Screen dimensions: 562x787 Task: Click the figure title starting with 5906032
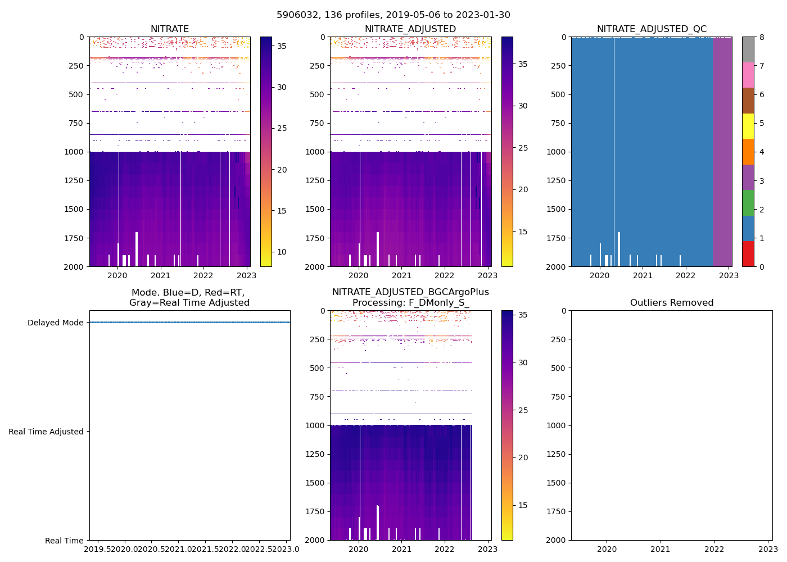coord(393,15)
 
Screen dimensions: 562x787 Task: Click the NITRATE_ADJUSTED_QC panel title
coord(652,29)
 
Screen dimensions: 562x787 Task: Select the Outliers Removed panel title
coord(671,303)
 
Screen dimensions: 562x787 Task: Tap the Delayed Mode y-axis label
coord(55,323)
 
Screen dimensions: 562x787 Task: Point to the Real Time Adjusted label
coord(46,432)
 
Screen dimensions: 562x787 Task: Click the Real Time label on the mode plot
coord(64,541)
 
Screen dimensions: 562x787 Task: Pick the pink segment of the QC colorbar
coord(748,75)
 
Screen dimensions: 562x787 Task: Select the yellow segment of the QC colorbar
coord(748,126)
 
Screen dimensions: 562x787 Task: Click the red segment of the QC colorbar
coord(748,253)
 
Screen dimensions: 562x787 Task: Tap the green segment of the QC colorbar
coord(748,202)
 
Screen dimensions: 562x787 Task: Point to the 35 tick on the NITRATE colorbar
coord(282,46)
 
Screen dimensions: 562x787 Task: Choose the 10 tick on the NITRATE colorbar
coord(282,252)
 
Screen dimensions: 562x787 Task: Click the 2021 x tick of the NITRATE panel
coord(160,275)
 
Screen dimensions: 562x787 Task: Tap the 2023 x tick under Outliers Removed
coord(768,549)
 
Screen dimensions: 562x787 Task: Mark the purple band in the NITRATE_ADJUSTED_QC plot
coord(722,152)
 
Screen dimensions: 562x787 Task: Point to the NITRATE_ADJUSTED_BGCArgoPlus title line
coord(410,292)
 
